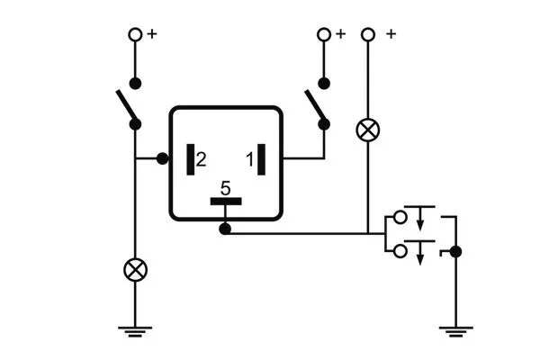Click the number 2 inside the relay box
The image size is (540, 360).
[201, 159]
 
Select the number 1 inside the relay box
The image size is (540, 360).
[248, 159]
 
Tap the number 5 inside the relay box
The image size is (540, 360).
[226, 189]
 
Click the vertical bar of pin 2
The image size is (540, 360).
[190, 159]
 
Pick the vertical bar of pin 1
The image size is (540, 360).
[261, 159]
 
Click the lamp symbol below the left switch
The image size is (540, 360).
[135, 268]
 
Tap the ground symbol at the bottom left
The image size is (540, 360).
[135, 329]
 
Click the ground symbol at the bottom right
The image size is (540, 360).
[455, 329]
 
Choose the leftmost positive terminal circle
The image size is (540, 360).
[135, 34]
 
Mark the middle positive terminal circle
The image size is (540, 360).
[324, 34]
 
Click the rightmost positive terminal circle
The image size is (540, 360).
[365, 34]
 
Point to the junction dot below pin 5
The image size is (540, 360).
[225, 230]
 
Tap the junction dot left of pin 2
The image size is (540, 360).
[163, 159]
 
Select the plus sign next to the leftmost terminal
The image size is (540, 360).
[151, 33]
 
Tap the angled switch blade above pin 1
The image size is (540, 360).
[317, 108]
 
